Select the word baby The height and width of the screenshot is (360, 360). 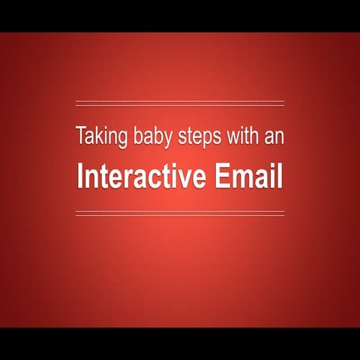(x=144, y=138)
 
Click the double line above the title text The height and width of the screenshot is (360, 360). (x=180, y=103)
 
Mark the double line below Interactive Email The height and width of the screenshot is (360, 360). (x=180, y=214)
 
